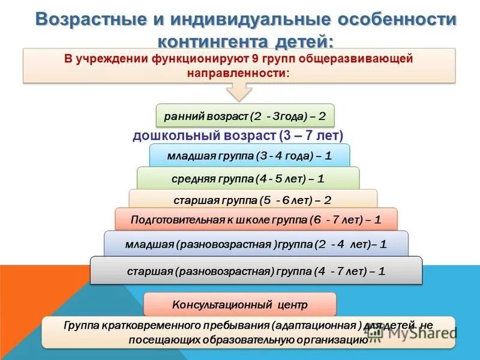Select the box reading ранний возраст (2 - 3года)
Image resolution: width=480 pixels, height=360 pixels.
tap(245, 115)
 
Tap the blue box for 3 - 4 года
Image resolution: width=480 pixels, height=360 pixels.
tap(249, 155)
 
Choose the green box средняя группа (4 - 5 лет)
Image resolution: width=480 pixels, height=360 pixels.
tap(248, 178)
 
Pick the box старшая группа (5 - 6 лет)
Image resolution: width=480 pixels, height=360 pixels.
tap(253, 199)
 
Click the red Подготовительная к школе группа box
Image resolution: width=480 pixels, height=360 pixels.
tap(256, 220)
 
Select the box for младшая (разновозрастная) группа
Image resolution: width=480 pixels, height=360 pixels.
tap(256, 244)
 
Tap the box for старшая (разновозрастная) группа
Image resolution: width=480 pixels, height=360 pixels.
tap(256, 271)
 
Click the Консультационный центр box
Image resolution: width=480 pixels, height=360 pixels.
tap(239, 305)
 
